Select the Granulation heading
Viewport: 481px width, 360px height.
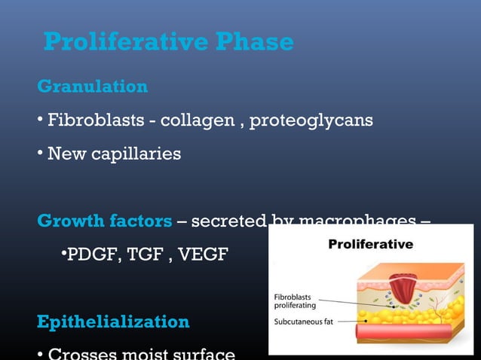coord(92,87)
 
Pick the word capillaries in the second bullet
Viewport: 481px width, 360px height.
coord(133,154)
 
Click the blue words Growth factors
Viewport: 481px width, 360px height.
coord(104,221)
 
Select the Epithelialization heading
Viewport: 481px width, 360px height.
coord(113,322)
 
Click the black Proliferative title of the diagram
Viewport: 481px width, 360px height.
coord(370,244)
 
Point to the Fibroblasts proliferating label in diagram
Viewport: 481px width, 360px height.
coord(295,301)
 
